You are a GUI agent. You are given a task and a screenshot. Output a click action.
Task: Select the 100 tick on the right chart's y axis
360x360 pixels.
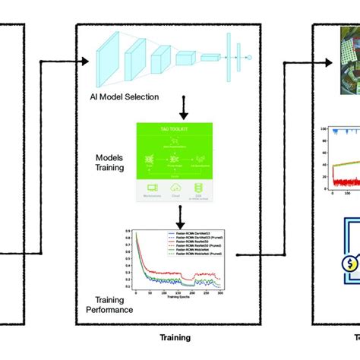pos(323,130)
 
